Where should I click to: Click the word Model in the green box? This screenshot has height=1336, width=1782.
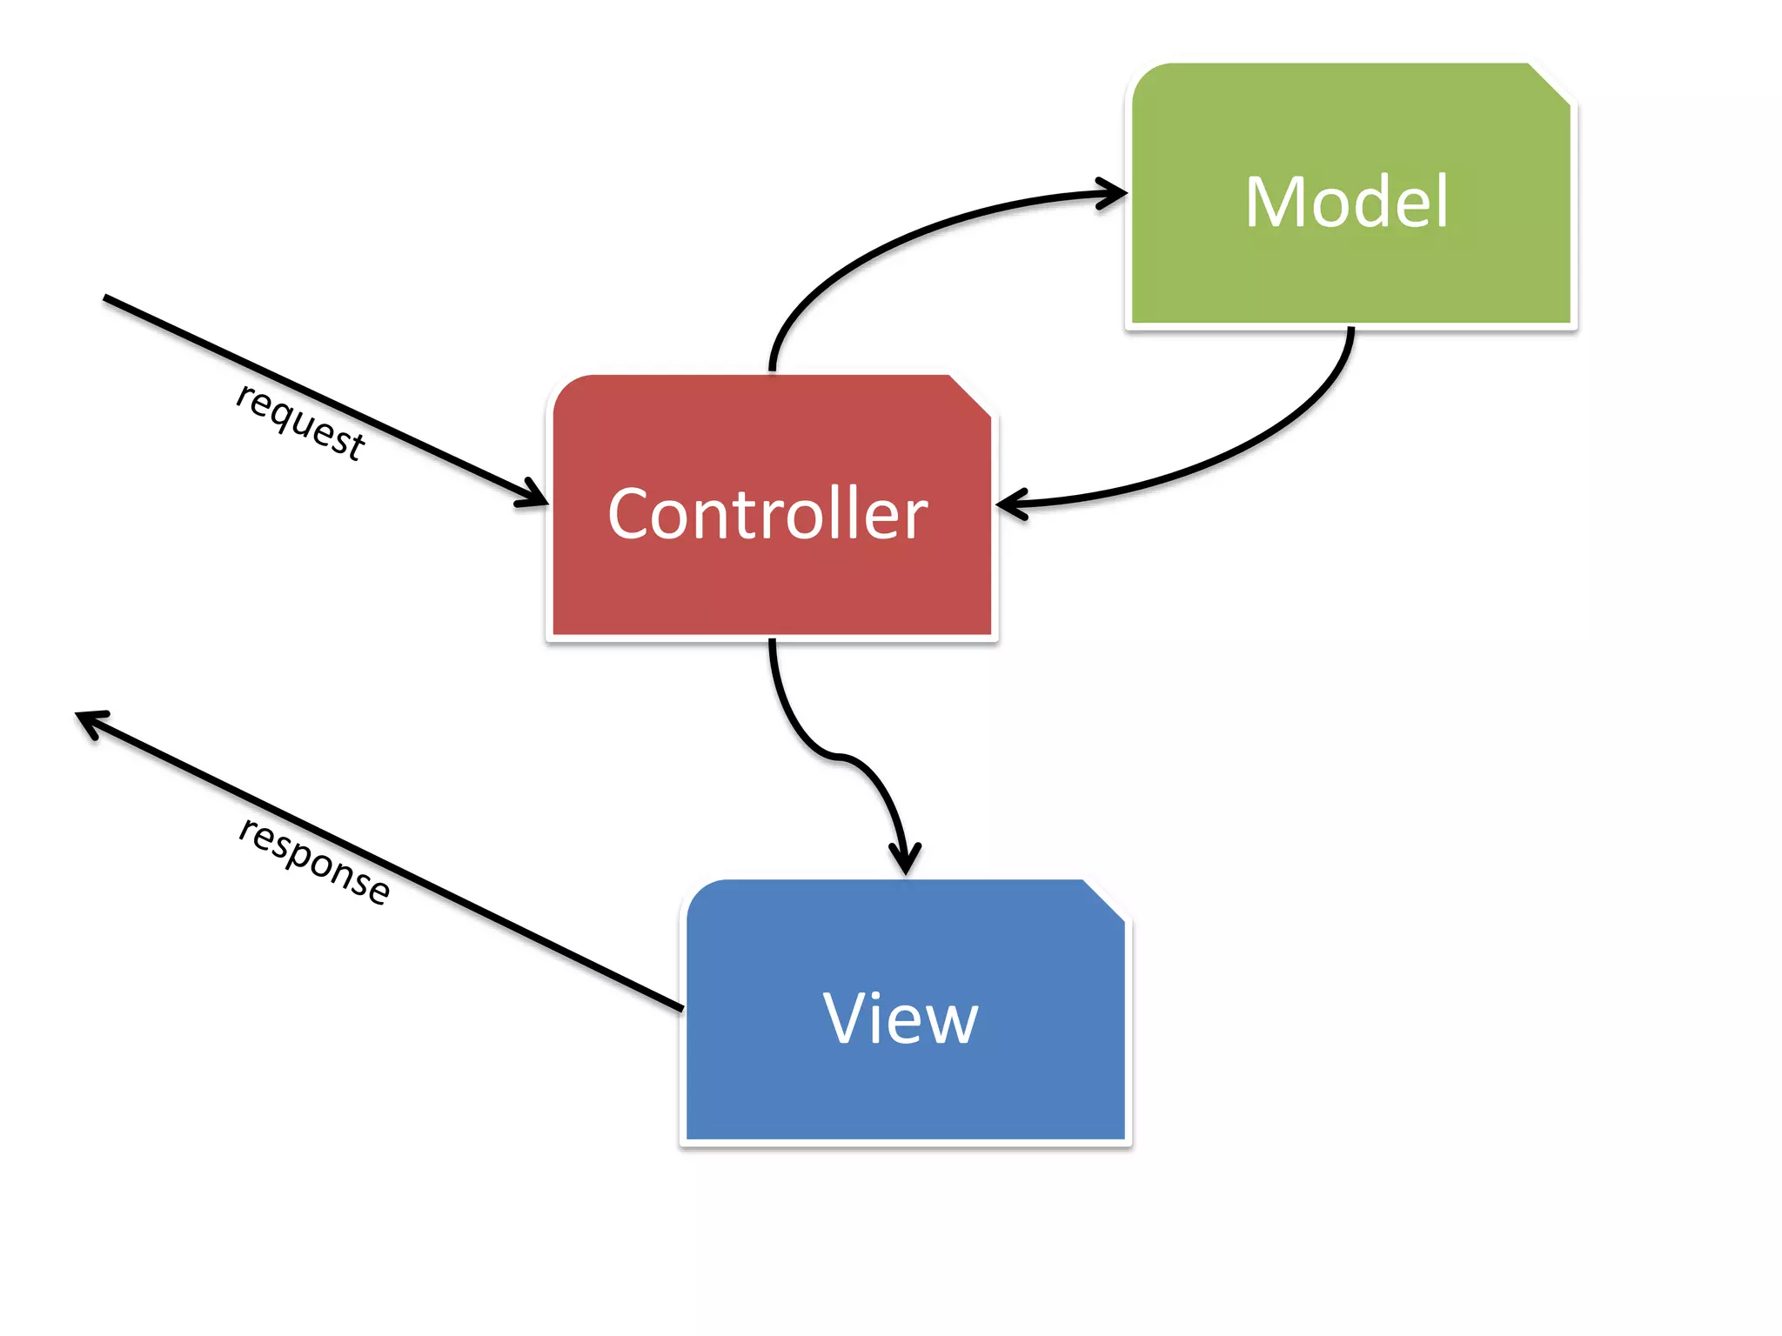[x=1346, y=202]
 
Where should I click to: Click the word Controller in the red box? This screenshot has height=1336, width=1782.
[x=767, y=514]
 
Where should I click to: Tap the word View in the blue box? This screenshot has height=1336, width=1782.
[x=901, y=1019]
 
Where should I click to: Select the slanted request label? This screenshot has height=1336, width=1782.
[x=300, y=421]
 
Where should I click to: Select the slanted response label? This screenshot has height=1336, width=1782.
[x=314, y=861]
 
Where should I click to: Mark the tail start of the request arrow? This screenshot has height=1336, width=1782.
[x=107, y=298]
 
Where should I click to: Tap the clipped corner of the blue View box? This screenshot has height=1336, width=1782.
[x=1105, y=900]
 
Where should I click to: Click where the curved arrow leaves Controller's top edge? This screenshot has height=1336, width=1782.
[x=772, y=369]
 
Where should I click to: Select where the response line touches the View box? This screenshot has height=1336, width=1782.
[x=681, y=1008]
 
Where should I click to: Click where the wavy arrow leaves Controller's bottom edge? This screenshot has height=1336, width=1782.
[x=772, y=644]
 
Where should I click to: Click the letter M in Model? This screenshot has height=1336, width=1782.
[x=1276, y=202]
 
